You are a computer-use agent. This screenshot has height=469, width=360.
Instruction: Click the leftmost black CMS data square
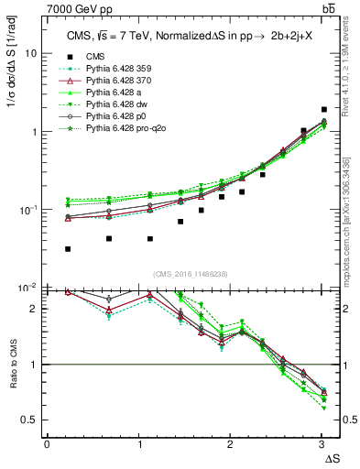click(69, 249)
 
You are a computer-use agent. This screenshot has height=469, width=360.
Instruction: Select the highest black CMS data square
click(324, 109)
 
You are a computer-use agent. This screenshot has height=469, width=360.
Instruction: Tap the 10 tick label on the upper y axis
click(30, 53)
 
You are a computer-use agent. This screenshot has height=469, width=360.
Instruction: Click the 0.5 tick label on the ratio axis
click(28, 420)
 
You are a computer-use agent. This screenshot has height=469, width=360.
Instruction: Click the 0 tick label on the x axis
click(47, 444)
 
